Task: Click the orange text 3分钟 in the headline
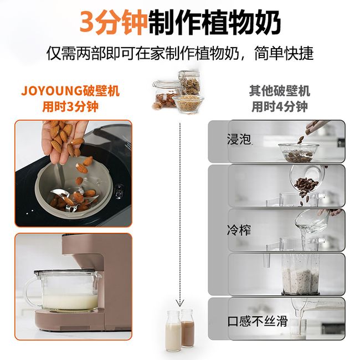tap(114, 23)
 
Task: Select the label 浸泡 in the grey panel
tap(239, 139)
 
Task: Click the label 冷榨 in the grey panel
tap(239, 230)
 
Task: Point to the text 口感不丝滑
tap(258, 321)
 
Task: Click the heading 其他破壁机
tap(280, 91)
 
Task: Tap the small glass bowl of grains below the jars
tap(188, 104)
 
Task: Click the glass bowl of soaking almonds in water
tap(299, 152)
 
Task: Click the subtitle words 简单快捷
tap(284, 53)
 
